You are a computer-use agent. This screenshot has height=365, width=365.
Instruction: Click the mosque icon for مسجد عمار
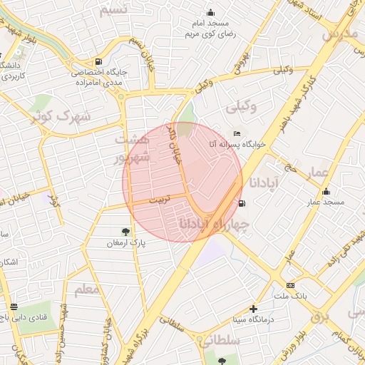(x=327, y=191)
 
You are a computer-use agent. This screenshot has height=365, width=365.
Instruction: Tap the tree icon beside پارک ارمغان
(x=126, y=231)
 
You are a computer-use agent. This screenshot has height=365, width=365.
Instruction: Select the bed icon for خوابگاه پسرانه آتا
(x=237, y=133)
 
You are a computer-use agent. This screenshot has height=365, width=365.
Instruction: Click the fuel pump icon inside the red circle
(x=243, y=203)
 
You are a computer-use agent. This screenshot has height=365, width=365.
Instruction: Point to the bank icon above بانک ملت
(x=290, y=284)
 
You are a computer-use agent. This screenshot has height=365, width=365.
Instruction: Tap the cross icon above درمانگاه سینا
(x=253, y=309)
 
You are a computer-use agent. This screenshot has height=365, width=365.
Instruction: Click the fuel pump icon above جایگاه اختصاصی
(x=98, y=61)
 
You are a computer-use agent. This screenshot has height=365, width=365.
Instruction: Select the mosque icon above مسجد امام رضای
(x=210, y=12)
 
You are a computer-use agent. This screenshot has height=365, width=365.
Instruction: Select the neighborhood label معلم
(x=87, y=289)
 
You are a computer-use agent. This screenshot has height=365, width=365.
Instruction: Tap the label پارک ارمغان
(x=125, y=243)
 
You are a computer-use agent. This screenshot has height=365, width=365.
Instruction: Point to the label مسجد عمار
(x=326, y=202)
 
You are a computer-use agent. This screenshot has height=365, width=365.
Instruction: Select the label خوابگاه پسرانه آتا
(x=236, y=144)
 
